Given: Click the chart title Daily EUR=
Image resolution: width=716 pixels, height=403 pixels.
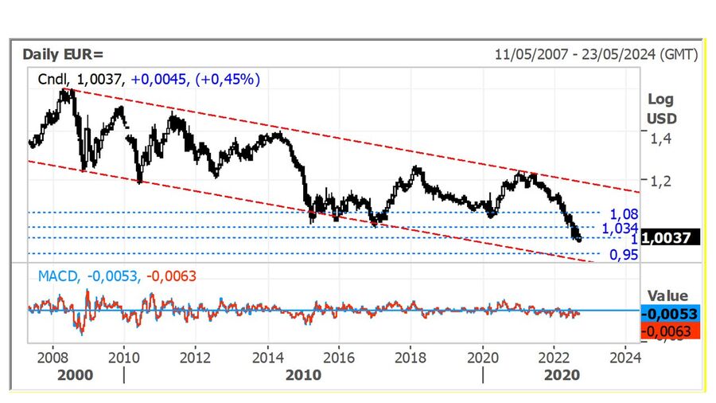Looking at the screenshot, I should pyautogui.click(x=64, y=54).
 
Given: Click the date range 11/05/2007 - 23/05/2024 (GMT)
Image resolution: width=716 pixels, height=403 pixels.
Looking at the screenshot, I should pyautogui.click(x=596, y=54).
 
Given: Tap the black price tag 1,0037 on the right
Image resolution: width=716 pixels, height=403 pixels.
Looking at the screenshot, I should pyautogui.click(x=671, y=237).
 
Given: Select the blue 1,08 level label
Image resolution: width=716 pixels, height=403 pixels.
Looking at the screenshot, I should pyautogui.click(x=625, y=213).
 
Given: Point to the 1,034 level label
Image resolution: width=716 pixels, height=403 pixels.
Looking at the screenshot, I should pyautogui.click(x=621, y=228).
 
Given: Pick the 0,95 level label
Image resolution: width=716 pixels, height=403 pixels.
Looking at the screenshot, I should pyautogui.click(x=624, y=255).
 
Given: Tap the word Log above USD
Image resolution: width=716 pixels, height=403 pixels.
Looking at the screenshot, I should pyautogui.click(x=660, y=100).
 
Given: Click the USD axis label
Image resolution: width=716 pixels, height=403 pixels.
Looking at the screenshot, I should pyautogui.click(x=661, y=118).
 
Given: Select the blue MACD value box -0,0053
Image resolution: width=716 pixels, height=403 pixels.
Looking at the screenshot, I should pyautogui.click(x=670, y=313).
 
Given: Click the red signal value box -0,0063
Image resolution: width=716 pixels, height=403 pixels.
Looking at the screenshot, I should pyautogui.click(x=670, y=331).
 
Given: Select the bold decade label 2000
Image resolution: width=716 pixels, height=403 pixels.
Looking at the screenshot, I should pyautogui.click(x=75, y=374).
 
